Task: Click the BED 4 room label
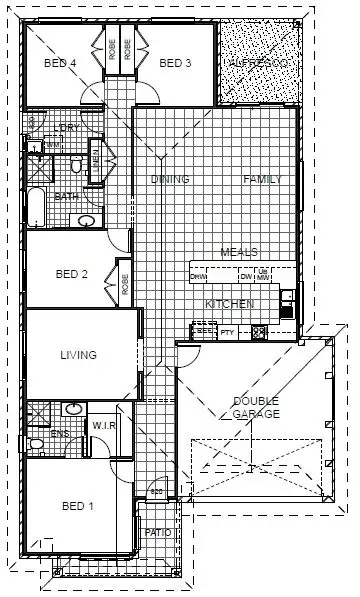click(x=61, y=63)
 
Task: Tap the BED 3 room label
click(x=175, y=63)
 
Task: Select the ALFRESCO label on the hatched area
click(x=258, y=63)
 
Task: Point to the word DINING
click(x=170, y=180)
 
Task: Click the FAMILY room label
click(x=263, y=180)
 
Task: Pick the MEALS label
click(x=240, y=252)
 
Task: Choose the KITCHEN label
click(x=229, y=303)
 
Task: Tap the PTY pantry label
click(x=227, y=332)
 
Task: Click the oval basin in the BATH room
click(x=87, y=221)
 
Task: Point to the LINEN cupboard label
click(x=95, y=157)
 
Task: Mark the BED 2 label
click(x=73, y=274)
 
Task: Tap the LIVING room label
click(x=78, y=355)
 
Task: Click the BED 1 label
click(x=77, y=506)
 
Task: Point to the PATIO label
click(x=158, y=533)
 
